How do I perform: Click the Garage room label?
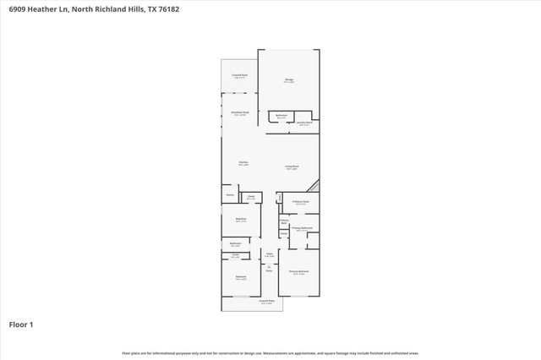pos(289,81)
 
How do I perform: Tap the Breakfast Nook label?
pos(240,113)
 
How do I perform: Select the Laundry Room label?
pos(304,123)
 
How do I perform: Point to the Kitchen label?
pos(243,162)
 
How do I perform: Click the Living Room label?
pos(292,167)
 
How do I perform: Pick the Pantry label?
pos(229,195)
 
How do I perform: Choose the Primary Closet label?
pos(301,203)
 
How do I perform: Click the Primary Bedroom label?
pos(299,272)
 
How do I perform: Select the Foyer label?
pos(270,254)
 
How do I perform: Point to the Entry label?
pos(270,270)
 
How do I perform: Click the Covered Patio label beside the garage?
pos(240,76)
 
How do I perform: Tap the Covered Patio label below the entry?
pos(265,302)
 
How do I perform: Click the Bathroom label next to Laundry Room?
pos(281,116)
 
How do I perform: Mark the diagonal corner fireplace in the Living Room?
pos(314,187)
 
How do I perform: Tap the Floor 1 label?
pos(21,324)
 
